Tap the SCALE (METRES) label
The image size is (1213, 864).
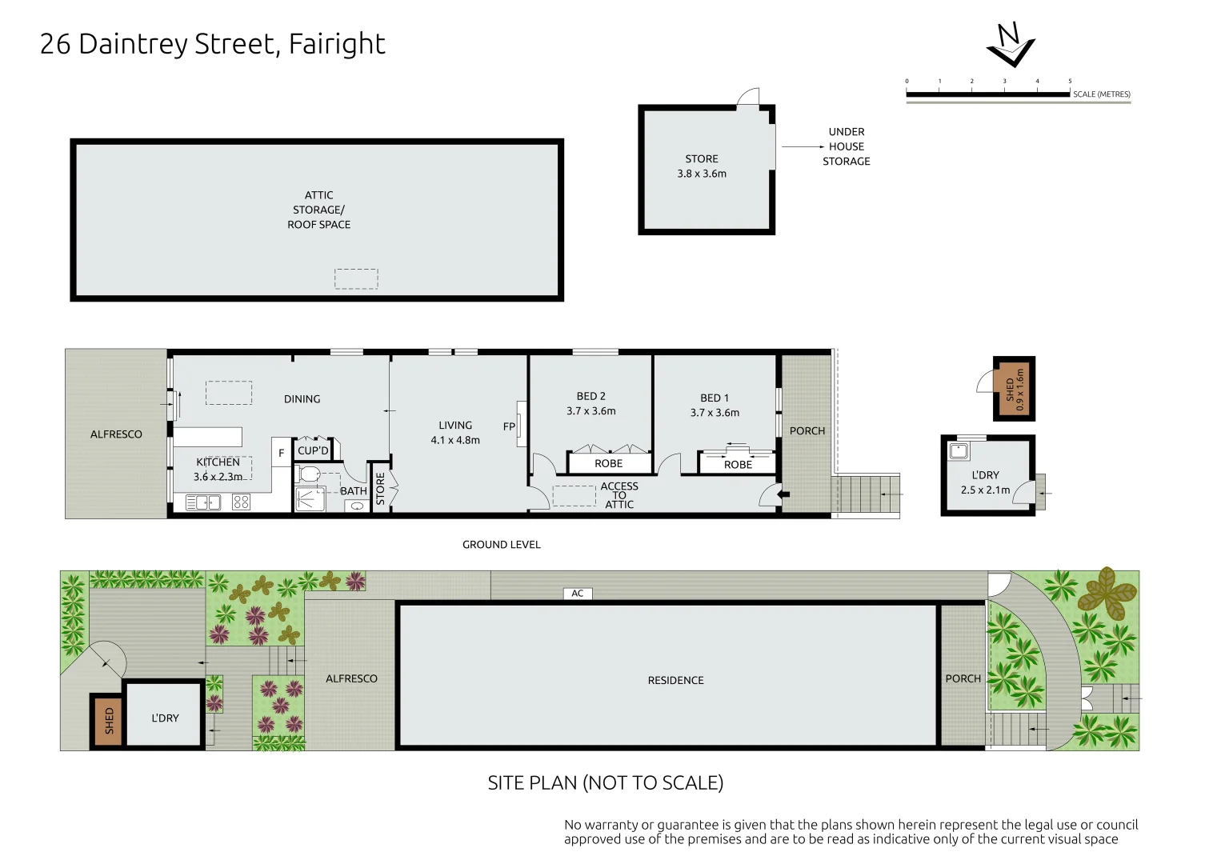1101,94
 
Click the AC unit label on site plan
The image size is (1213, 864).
577,594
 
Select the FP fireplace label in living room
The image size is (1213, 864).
509,426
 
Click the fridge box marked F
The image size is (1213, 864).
281,453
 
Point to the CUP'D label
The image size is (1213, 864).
313,450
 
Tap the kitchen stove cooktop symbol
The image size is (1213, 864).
241,502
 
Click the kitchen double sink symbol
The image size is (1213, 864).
203,502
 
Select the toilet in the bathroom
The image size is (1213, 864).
310,474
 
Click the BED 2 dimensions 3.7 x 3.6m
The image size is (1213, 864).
590,411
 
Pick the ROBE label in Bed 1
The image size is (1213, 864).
738,465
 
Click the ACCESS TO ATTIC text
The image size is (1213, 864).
619,495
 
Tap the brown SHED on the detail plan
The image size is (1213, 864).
1014,389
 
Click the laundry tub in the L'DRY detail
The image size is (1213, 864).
959,451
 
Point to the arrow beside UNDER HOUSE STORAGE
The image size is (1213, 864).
803,147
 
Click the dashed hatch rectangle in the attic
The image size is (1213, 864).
356,278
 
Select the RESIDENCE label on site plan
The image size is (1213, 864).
675,680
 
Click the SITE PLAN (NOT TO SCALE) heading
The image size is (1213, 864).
606,782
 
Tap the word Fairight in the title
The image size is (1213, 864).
337,44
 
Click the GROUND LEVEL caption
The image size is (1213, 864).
502,545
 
